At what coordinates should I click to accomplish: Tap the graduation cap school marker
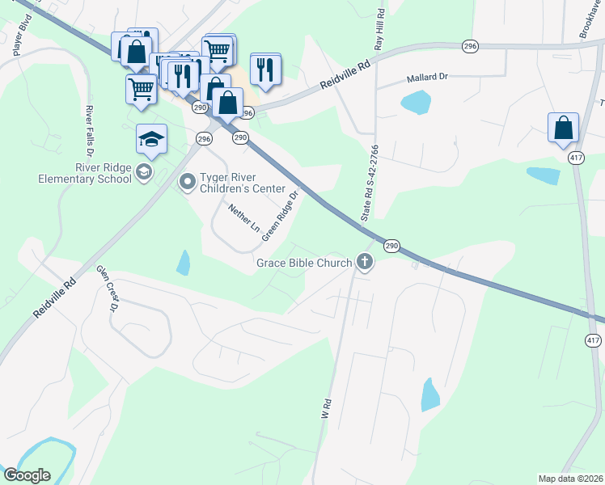(x=151, y=140)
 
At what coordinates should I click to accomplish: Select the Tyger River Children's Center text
(x=243, y=183)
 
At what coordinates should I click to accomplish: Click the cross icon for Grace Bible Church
(x=365, y=262)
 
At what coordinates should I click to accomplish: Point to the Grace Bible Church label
(x=304, y=263)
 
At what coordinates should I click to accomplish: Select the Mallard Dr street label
(x=426, y=78)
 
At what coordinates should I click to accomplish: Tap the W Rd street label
(x=328, y=407)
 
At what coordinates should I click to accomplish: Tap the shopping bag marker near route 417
(x=563, y=129)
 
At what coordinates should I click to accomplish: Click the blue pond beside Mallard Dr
(x=416, y=102)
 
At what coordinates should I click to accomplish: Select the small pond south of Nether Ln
(x=184, y=262)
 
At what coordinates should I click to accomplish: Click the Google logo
(x=27, y=475)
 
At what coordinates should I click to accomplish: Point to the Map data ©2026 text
(x=570, y=479)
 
